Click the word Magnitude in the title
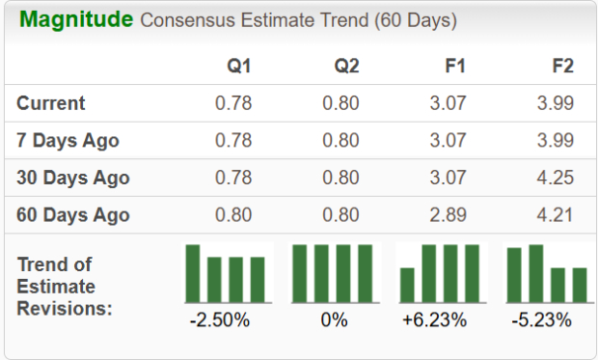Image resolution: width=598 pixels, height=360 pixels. (76, 20)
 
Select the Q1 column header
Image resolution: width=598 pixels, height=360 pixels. (239, 67)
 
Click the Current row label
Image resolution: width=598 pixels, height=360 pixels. (51, 103)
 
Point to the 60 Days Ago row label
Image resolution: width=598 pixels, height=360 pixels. (72, 214)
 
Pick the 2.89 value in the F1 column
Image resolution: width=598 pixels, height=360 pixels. (448, 214)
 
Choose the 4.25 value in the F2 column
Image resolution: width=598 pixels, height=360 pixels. (554, 178)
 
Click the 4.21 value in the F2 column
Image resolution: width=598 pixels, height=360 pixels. (554, 214)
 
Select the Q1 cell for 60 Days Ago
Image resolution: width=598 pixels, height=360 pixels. (233, 214)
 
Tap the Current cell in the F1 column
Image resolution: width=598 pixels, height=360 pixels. (448, 103)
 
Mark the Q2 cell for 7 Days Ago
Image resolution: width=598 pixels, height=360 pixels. (340, 141)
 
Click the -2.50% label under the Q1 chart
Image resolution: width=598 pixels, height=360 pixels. (221, 319)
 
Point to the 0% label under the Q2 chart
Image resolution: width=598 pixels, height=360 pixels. (335, 319)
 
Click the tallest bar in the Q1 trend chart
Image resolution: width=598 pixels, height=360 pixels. (193, 273)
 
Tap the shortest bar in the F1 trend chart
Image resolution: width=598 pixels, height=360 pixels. (407, 285)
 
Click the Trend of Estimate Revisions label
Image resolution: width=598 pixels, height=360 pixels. (64, 287)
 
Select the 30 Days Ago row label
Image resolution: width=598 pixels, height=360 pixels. (72, 178)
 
